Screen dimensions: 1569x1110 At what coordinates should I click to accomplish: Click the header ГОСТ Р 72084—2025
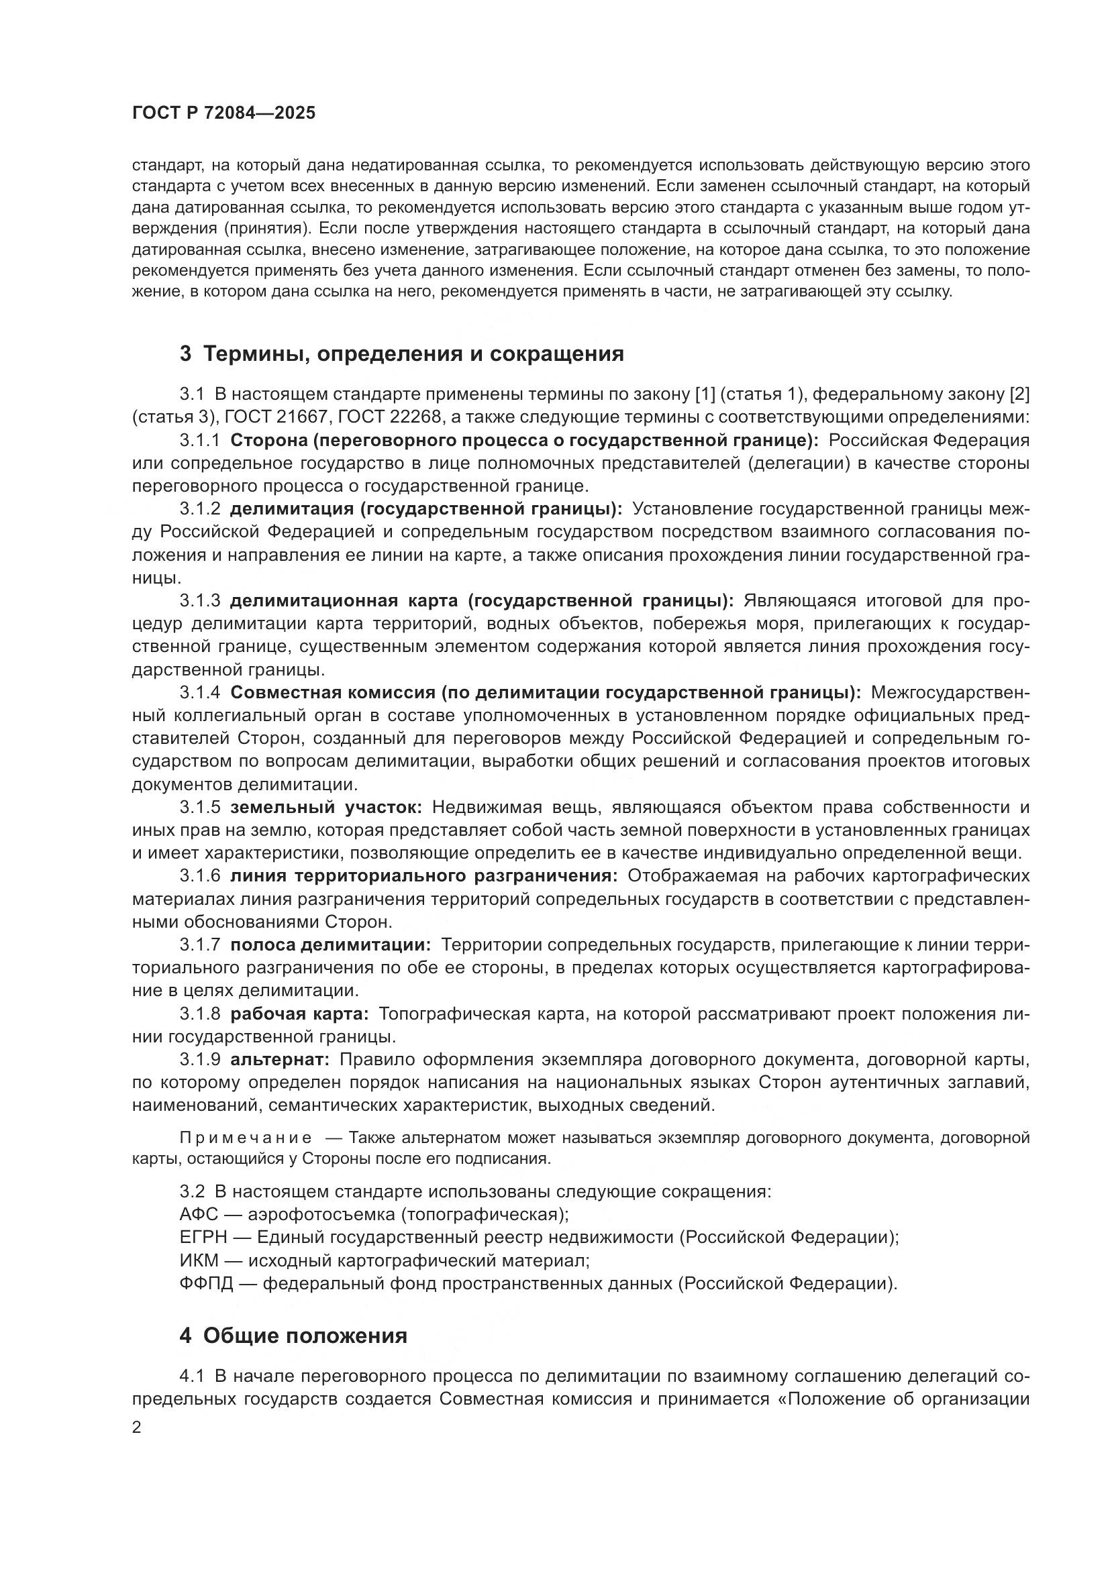click(223, 113)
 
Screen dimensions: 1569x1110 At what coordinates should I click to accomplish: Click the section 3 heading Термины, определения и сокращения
click(402, 354)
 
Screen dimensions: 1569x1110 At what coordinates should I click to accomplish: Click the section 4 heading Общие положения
click(293, 1336)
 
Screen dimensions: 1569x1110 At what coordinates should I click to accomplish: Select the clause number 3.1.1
click(199, 440)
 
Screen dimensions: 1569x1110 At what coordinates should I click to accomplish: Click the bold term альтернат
click(281, 1059)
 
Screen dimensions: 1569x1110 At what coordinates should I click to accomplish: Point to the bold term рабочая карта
click(299, 1014)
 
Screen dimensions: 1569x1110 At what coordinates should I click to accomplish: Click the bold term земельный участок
click(326, 807)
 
